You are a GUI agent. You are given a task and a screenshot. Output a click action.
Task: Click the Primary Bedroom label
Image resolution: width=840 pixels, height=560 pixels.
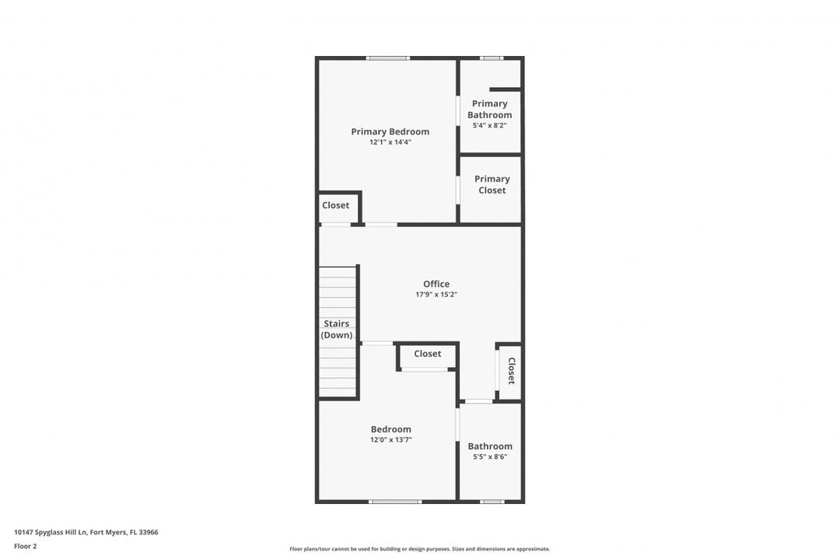(x=390, y=131)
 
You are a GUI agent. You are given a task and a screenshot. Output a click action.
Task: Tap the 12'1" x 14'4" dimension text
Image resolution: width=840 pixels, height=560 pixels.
(x=390, y=142)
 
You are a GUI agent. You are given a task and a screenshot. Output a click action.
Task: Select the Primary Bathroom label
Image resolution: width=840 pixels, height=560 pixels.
(x=490, y=109)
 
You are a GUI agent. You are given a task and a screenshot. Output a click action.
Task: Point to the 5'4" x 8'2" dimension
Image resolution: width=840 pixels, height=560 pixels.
(x=490, y=125)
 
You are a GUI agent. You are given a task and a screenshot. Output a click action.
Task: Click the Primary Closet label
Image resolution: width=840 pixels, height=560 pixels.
(x=492, y=184)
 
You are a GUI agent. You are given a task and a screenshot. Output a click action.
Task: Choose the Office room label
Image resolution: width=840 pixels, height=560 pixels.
(x=436, y=284)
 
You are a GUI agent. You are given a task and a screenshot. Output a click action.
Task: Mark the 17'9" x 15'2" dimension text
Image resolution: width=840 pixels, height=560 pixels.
(x=436, y=294)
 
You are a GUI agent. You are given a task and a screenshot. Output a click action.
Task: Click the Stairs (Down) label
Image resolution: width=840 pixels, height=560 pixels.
(x=337, y=329)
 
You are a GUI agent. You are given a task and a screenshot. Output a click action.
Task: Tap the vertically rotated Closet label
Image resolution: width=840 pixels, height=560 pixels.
(x=511, y=371)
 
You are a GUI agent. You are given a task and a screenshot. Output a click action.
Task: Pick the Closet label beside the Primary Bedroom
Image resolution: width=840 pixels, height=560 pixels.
(x=335, y=205)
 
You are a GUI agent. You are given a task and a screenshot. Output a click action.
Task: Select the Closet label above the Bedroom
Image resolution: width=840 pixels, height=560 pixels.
(x=428, y=354)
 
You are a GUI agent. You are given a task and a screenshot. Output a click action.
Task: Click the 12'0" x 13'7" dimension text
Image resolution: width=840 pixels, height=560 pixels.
(x=391, y=440)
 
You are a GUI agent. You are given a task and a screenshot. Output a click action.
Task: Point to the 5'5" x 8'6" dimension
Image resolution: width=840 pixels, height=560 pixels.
(x=490, y=457)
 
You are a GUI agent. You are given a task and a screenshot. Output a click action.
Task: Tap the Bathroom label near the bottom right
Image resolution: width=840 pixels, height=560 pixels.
(x=490, y=446)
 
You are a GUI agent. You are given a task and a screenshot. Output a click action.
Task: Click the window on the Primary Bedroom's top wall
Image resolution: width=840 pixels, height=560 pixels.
(x=388, y=58)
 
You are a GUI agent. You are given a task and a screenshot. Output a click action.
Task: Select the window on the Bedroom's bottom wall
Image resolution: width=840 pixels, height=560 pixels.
(x=395, y=502)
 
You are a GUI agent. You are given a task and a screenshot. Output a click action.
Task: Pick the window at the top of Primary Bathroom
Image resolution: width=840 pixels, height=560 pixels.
(x=492, y=58)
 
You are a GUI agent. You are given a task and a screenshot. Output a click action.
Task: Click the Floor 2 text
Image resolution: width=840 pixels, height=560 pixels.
(x=25, y=547)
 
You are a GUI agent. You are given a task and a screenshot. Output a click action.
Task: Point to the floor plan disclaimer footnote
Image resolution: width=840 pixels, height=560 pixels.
(x=419, y=549)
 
